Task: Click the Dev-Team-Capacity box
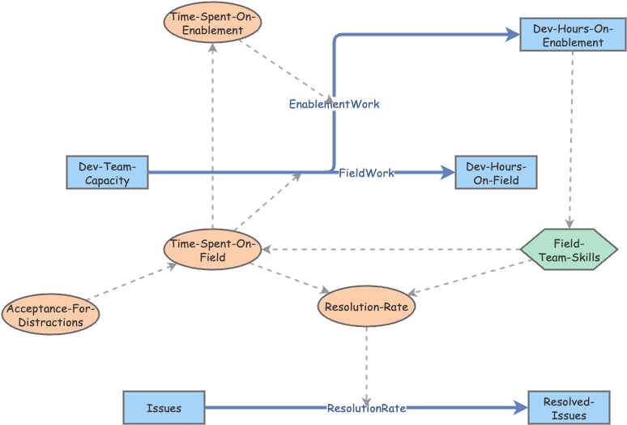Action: pyautogui.click(x=107, y=173)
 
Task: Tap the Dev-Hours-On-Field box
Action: pyautogui.click(x=496, y=173)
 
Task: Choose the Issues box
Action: pyautogui.click(x=164, y=407)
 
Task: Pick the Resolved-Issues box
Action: pyautogui.click(x=565, y=407)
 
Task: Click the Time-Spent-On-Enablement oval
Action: pyautogui.click(x=212, y=24)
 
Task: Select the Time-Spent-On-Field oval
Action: pyautogui.click(x=212, y=251)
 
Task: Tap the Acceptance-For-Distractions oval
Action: pyautogui.click(x=51, y=315)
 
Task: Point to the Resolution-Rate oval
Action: pyautogui.click(x=366, y=307)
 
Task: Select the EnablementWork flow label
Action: pyautogui.click(x=334, y=104)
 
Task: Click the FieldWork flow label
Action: pyautogui.click(x=366, y=173)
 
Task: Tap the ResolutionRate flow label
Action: pyautogui.click(x=366, y=408)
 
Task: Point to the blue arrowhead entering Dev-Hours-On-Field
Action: pyautogui.click(x=447, y=173)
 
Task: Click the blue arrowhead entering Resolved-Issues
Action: pyautogui.click(x=520, y=408)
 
